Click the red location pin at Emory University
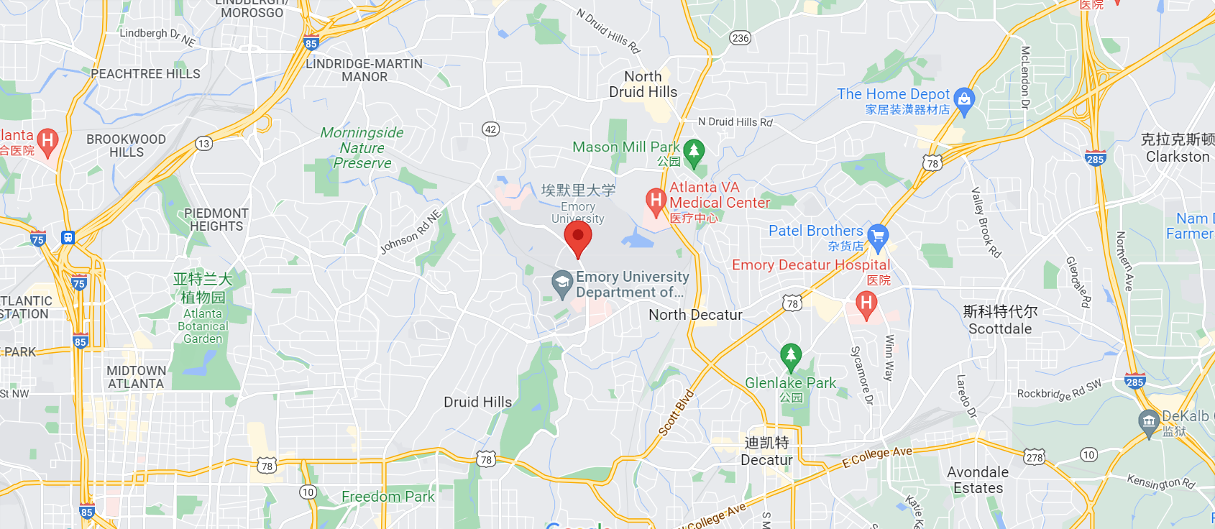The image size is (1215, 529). (577, 238)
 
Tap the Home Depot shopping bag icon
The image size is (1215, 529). (965, 101)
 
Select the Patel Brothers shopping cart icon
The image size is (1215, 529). (878, 236)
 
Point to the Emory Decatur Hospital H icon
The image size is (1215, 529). (866, 304)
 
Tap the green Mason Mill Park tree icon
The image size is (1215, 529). (694, 151)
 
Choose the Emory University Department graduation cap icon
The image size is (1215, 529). (562, 283)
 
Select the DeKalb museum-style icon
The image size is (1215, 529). (1149, 421)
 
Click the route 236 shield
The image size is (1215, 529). (741, 37)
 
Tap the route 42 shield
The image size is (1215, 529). (490, 129)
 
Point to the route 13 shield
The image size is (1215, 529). (204, 144)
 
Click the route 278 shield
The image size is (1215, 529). (1035, 457)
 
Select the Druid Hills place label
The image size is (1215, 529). (477, 402)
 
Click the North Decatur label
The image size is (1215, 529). (695, 315)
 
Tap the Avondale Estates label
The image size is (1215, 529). (978, 480)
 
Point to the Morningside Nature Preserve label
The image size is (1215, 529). (362, 148)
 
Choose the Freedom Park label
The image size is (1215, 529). (388, 497)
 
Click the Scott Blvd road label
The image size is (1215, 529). (677, 413)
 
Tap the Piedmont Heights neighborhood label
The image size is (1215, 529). (216, 220)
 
